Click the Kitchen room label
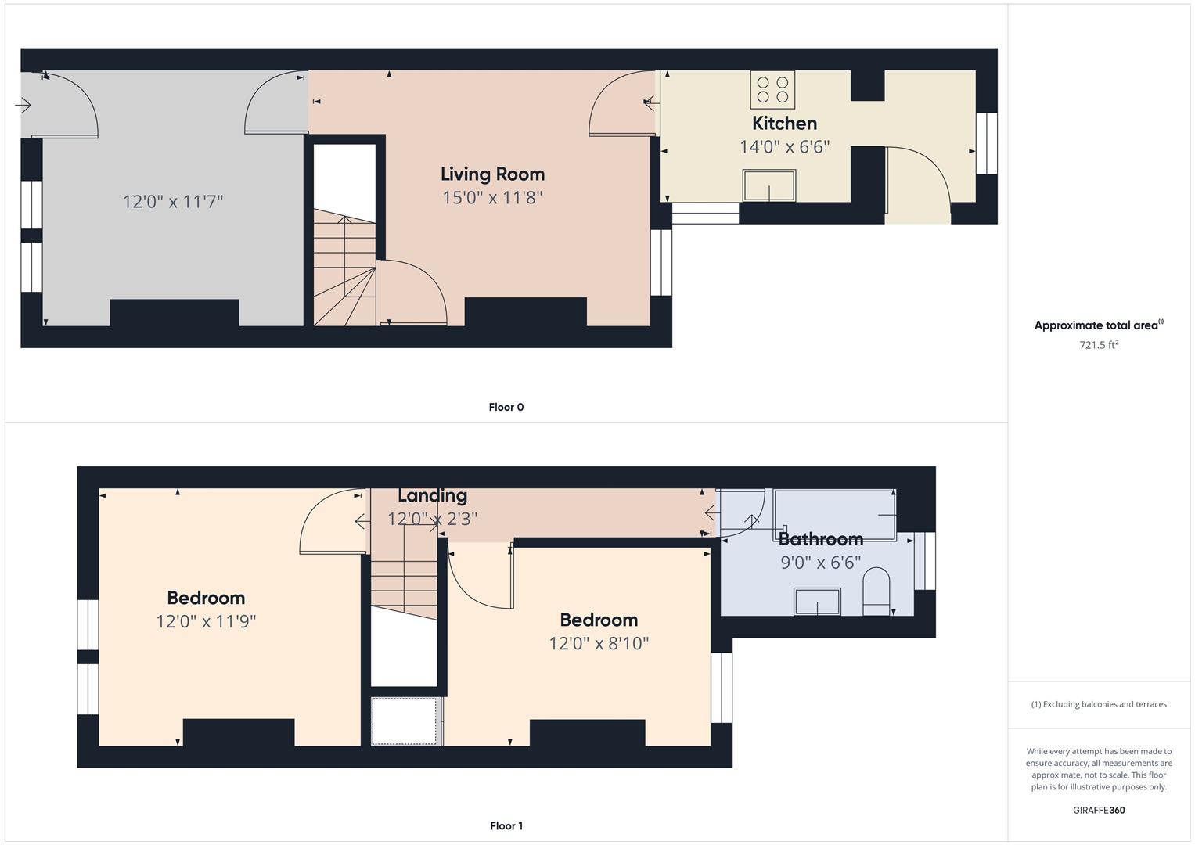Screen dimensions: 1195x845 click(x=784, y=124)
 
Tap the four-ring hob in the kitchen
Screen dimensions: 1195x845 click(x=772, y=90)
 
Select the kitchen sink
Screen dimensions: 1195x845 click(x=769, y=185)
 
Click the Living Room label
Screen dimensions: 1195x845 click(x=492, y=174)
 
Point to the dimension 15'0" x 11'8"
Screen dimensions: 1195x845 click(x=492, y=198)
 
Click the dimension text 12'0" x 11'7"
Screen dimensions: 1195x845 click(x=173, y=202)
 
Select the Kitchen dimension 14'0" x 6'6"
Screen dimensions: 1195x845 click(x=784, y=147)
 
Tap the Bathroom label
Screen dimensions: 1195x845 click(x=820, y=539)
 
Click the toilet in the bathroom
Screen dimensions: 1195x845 click(x=876, y=591)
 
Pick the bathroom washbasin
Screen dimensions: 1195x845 click(x=817, y=602)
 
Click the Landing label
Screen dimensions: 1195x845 click(x=432, y=495)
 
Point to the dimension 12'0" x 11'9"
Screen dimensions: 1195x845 click(x=206, y=621)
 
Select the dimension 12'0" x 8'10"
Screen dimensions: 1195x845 click(x=599, y=643)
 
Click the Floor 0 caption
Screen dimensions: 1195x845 click(x=506, y=407)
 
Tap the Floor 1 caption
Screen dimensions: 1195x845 click(x=506, y=825)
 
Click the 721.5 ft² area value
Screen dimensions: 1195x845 click(x=1099, y=344)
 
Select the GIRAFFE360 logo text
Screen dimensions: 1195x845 click(x=1099, y=810)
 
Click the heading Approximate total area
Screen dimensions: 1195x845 click(x=1099, y=325)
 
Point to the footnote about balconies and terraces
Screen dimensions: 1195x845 click(x=1099, y=704)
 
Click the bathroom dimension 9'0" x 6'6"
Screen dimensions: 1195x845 click(x=820, y=563)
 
